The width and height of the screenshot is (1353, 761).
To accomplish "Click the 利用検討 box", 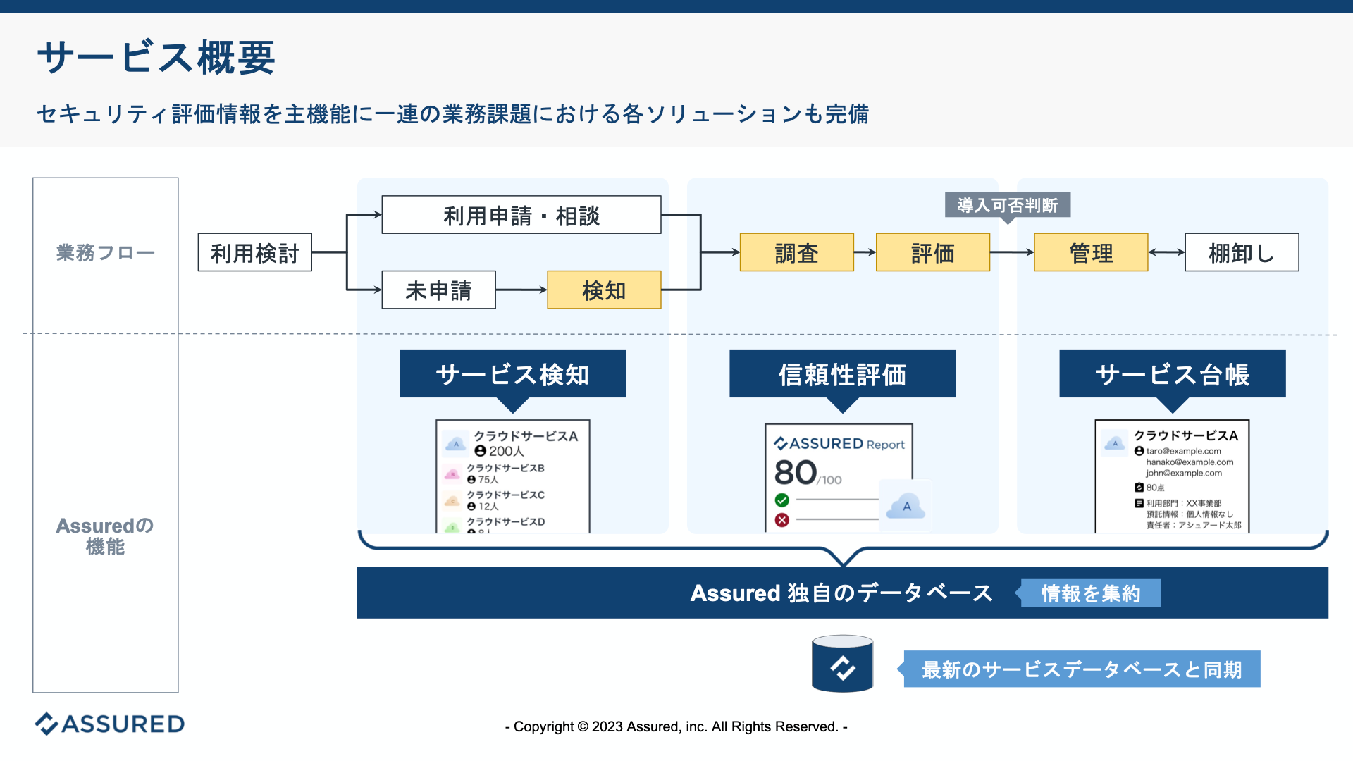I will (254, 252).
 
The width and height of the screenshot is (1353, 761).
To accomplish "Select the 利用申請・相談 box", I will (521, 215).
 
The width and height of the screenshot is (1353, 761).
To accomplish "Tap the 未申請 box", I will (438, 290).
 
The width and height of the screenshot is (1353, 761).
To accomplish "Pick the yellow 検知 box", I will (604, 290).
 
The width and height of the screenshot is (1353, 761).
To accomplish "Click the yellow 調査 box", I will (796, 252).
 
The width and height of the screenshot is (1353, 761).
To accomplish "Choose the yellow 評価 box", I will (932, 252).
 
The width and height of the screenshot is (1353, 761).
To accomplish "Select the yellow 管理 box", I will (1090, 252).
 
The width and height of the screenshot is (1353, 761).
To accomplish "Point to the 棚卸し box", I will (1241, 252).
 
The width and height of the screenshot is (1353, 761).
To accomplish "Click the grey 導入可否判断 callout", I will (1007, 205).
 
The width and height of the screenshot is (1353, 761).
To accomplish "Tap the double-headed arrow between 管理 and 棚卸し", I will (1166, 252).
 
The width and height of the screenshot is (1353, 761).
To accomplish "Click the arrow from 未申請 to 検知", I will (521, 290).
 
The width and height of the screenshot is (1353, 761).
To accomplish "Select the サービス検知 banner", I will (512, 374).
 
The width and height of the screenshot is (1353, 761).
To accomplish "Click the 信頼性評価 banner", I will (842, 374).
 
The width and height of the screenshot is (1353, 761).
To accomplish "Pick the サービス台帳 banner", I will (1172, 374).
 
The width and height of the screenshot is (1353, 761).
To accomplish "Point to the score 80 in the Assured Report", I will (796, 472).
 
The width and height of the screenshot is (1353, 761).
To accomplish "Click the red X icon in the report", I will (781, 520).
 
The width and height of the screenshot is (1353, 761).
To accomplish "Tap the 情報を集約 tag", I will (1090, 593).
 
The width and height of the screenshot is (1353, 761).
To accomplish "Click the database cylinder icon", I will (842, 664).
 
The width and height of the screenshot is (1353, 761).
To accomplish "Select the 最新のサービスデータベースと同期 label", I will (1081, 669).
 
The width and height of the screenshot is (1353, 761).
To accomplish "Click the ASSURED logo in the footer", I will (110, 724).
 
